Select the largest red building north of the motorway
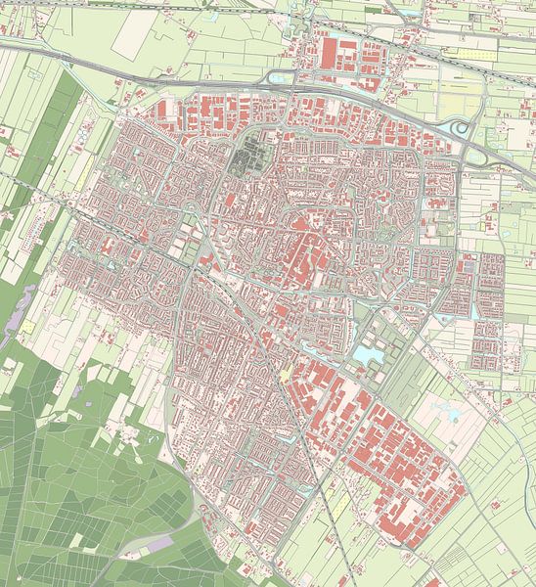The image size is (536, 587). tap(329, 56)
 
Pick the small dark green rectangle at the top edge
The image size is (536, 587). tap(373, 10)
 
